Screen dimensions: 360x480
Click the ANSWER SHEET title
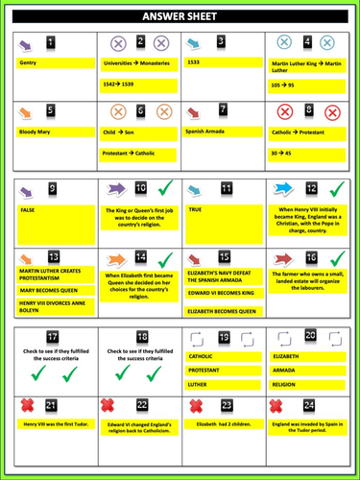[180, 15]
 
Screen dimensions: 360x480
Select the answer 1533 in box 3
[195, 63]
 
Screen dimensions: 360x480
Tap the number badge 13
[52, 257]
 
